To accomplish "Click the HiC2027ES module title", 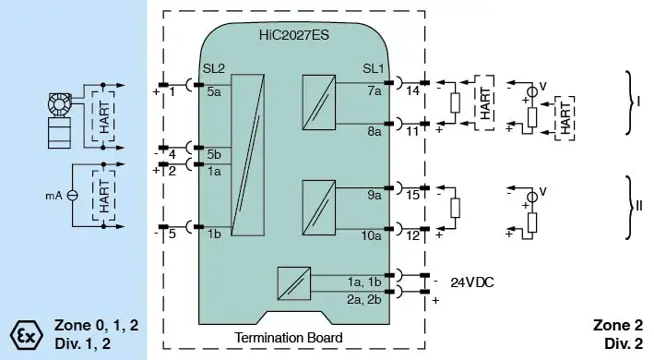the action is point(293,35).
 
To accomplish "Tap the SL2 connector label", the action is point(214,68).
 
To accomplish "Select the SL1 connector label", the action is point(373,68).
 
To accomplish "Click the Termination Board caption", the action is point(289,337).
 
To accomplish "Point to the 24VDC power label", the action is point(472,282).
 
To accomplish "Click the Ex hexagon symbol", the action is point(26,335).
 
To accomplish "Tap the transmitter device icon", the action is point(59,121).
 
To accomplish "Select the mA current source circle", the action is point(73,195).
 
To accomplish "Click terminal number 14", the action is point(412,90).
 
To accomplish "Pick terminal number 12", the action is point(412,235).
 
